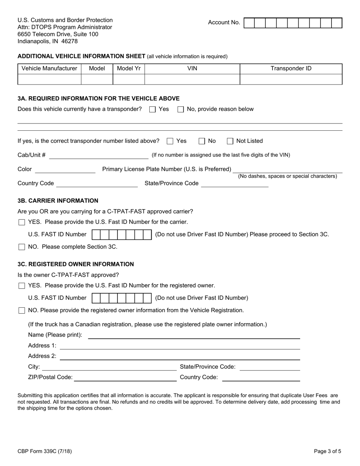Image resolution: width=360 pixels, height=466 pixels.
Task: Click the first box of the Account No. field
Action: point(249,23)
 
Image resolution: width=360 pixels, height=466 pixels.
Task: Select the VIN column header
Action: point(192,69)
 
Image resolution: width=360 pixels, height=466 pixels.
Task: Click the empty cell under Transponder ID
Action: point(291,79)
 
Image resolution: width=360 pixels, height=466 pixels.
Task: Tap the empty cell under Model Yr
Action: point(129,79)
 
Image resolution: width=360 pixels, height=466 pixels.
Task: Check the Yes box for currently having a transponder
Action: point(152,109)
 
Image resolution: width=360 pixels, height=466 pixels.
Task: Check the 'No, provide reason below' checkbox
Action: point(181,109)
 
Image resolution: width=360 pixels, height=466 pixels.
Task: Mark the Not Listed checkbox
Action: point(230,141)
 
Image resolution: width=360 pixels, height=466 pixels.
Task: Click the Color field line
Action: point(65,170)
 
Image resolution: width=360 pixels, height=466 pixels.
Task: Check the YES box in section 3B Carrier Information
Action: point(22,222)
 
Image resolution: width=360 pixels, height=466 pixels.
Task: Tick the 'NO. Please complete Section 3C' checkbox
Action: point(22,247)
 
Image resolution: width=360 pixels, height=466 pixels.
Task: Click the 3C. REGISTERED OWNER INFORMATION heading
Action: point(76,264)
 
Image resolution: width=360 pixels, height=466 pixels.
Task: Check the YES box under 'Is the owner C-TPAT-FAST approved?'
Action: point(22,286)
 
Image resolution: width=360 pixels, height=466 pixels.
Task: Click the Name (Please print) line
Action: point(194,335)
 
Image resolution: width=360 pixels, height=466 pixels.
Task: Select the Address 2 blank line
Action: point(180,357)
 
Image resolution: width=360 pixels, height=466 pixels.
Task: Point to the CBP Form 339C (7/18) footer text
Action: point(44,451)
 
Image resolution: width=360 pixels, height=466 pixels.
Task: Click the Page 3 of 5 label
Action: point(327,451)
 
